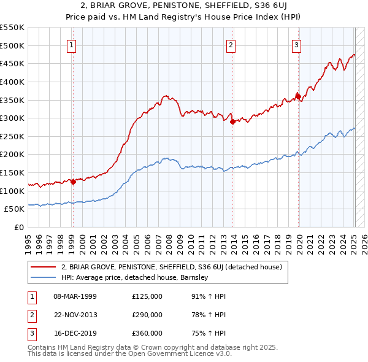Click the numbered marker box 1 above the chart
point(72,44)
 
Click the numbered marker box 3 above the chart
point(296,44)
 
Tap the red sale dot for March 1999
point(73,182)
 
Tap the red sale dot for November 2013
point(233,121)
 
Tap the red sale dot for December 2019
point(298,96)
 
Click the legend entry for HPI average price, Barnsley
point(135,277)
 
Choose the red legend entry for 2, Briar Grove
point(171,267)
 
